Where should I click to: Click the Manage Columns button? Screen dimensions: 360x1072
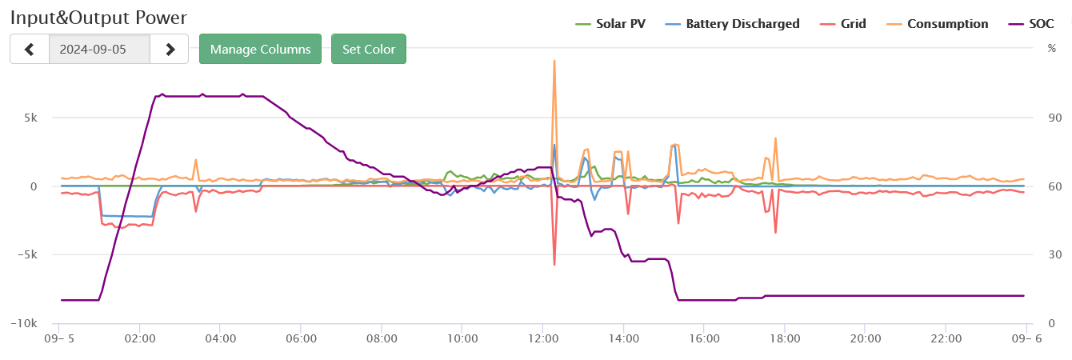click(260, 49)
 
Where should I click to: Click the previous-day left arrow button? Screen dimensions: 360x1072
click(30, 49)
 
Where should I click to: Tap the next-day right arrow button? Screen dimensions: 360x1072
click(170, 49)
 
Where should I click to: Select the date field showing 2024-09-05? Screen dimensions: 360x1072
click(99, 49)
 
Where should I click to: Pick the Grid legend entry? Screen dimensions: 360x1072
click(844, 24)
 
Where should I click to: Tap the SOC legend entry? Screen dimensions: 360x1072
click(1031, 24)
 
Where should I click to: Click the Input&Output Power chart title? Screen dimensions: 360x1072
click(98, 17)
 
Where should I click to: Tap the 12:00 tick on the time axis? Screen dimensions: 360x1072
click(543, 338)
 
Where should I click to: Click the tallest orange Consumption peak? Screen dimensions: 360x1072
click(554, 61)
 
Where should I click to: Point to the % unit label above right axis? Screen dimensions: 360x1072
click(1051, 48)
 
